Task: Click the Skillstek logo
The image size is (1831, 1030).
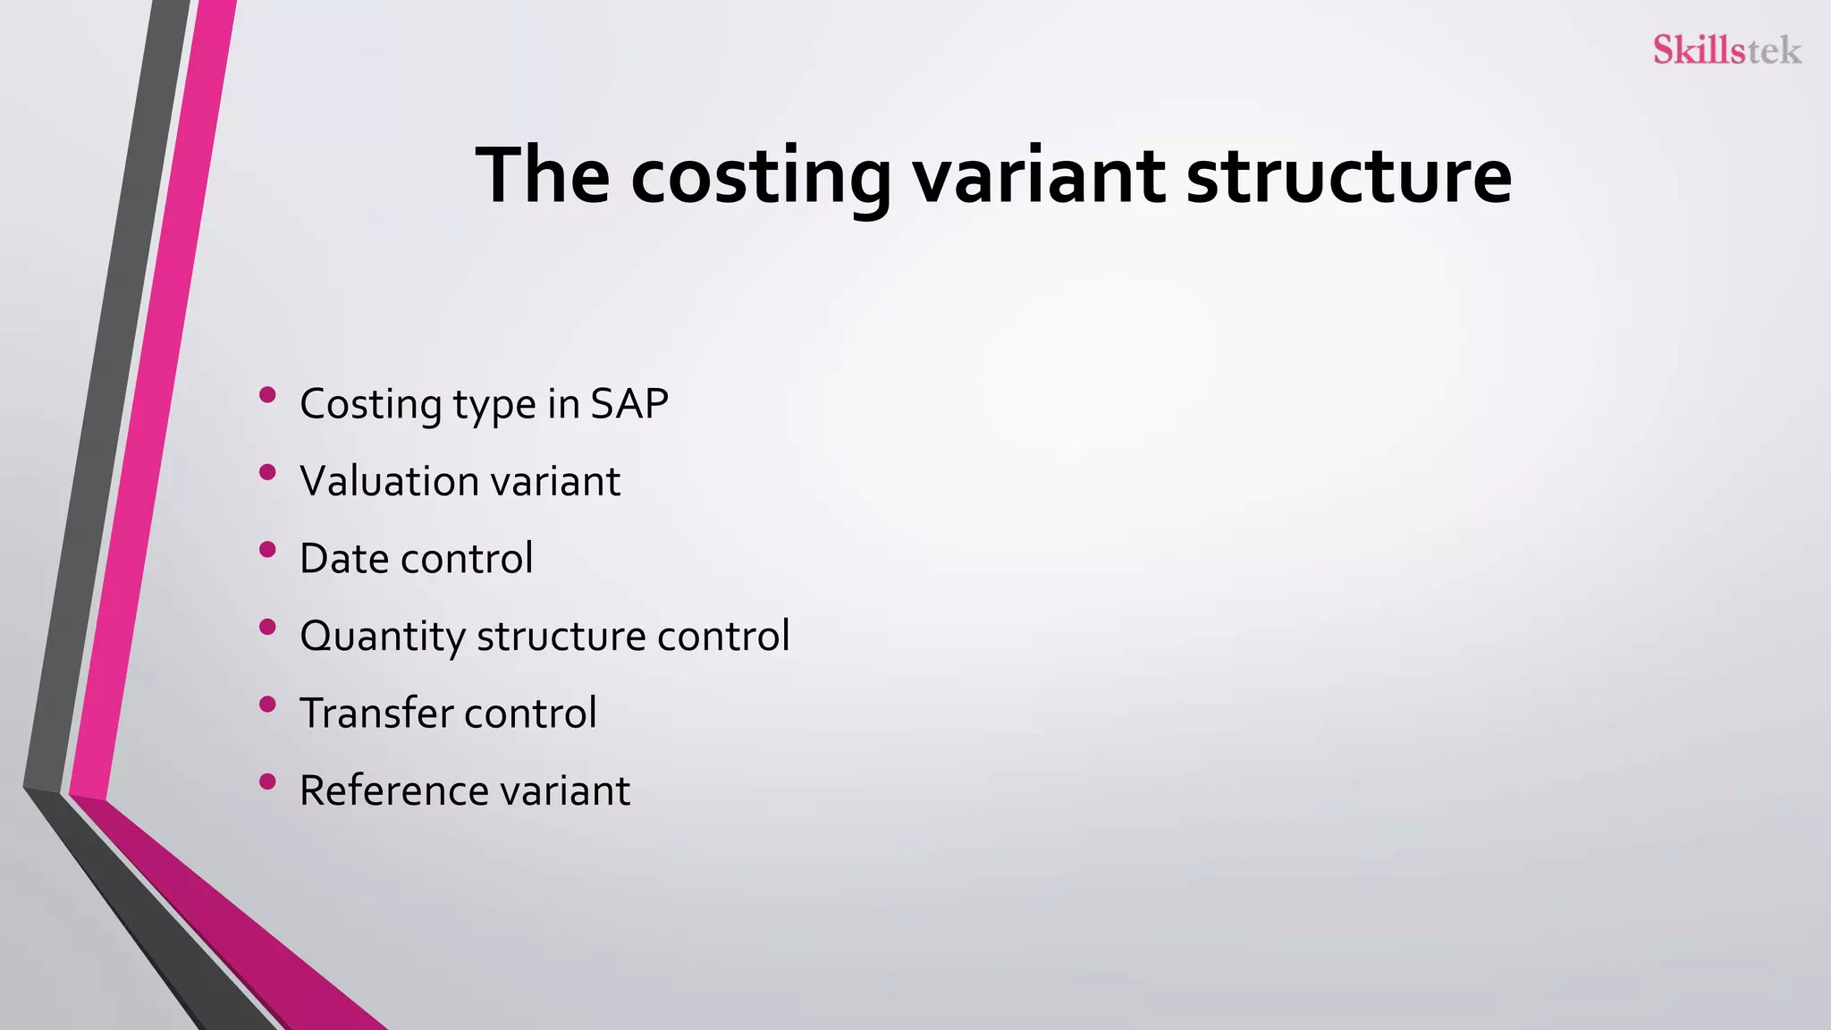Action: coord(1726,50)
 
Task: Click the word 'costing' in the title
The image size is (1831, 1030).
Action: coord(760,176)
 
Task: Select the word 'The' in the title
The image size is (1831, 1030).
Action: coord(542,176)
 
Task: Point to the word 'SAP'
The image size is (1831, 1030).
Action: coord(629,404)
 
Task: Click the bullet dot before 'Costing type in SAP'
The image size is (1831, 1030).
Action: coord(266,395)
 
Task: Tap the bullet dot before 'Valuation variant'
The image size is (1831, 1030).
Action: coord(266,472)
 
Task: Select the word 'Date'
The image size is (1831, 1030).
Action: coord(343,559)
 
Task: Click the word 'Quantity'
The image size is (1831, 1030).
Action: coord(382,637)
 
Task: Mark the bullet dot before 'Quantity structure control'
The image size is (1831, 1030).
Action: coord(266,627)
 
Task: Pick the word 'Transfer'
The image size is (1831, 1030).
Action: coord(375,713)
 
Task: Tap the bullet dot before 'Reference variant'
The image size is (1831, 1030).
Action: coord(266,782)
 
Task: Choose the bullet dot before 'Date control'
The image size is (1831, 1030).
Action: coord(266,550)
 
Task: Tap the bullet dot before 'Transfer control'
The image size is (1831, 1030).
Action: coord(266,705)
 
